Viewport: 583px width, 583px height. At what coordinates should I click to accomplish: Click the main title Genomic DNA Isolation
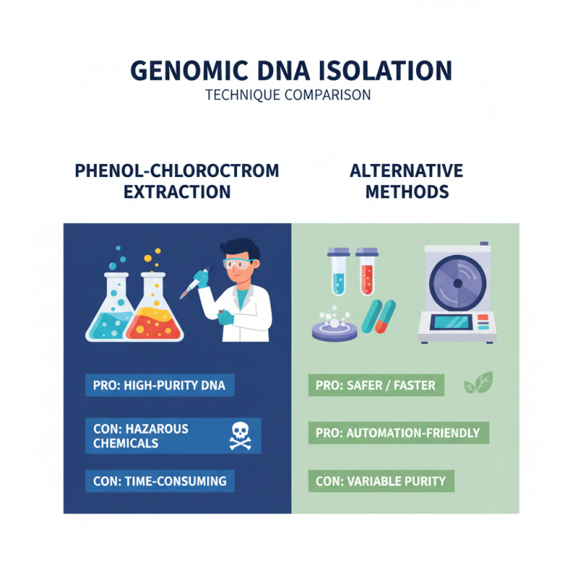(291, 70)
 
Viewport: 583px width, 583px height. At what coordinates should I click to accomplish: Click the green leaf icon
(478, 383)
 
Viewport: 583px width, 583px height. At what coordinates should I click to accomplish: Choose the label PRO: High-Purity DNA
(160, 386)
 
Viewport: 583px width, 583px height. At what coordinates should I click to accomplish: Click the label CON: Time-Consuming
(160, 481)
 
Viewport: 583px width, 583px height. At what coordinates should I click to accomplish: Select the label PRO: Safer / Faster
(376, 386)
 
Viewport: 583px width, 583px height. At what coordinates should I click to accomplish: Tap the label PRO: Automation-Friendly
(398, 433)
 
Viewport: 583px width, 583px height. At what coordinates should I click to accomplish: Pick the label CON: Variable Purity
(381, 481)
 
